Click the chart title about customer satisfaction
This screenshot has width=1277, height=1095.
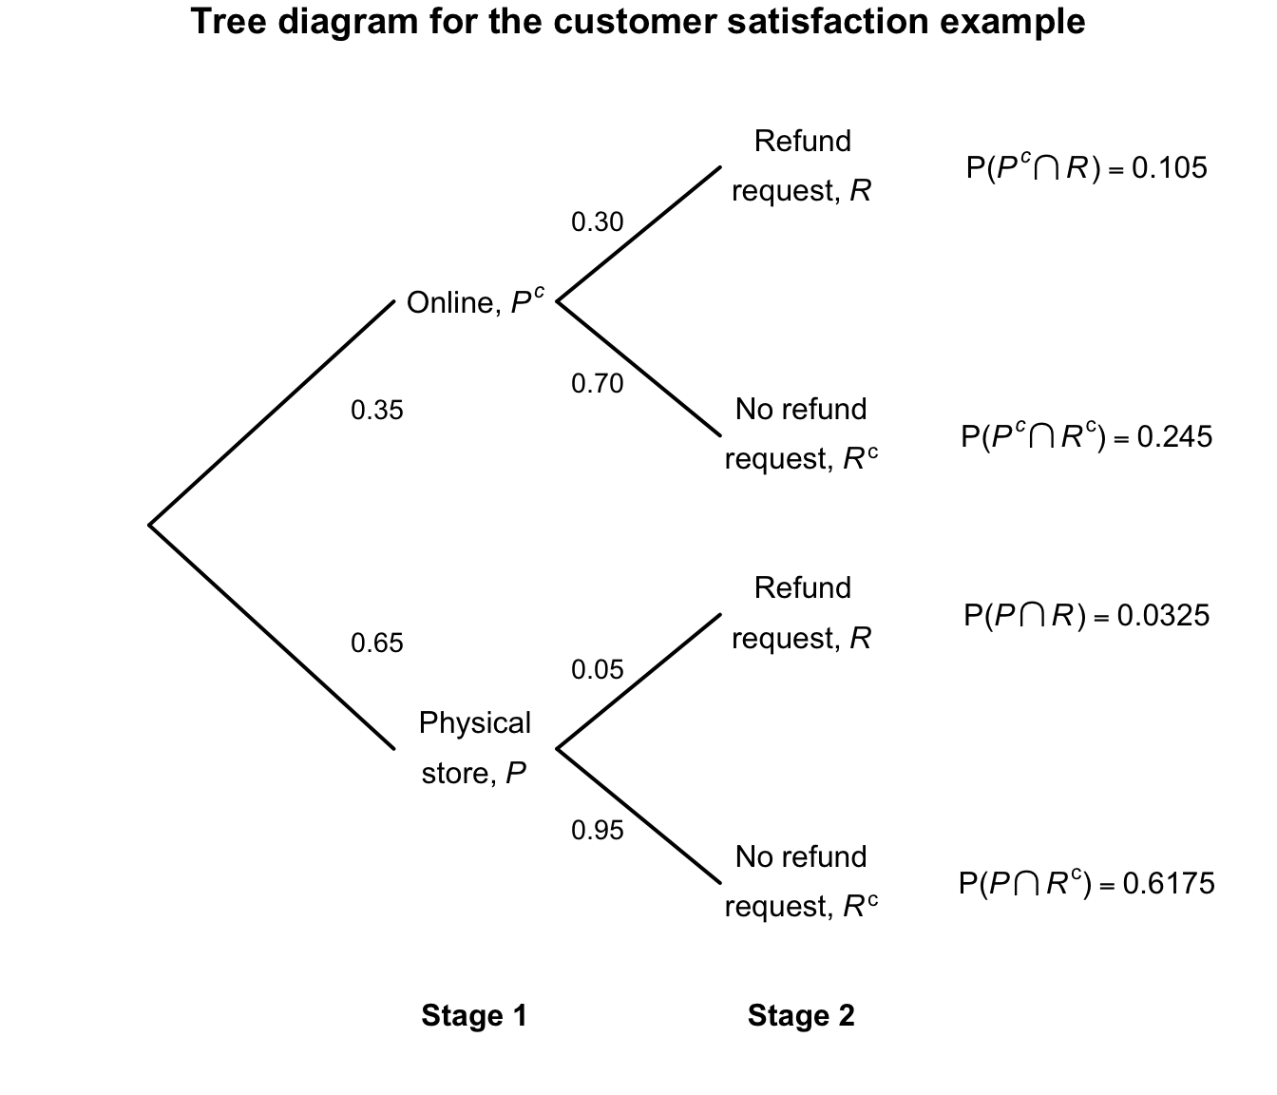pyautogui.click(x=638, y=22)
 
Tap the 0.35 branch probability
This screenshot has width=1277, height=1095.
pyautogui.click(x=377, y=411)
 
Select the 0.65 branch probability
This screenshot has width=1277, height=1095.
pyautogui.click(x=377, y=644)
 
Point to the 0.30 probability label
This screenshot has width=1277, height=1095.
pyautogui.click(x=597, y=222)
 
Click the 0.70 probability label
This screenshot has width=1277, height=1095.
pyautogui.click(x=597, y=384)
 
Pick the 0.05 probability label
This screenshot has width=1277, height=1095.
pyautogui.click(x=597, y=670)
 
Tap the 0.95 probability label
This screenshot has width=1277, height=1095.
pyautogui.click(x=597, y=831)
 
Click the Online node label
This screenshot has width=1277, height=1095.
pyautogui.click(x=475, y=302)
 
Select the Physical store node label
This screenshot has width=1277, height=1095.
pyautogui.click(x=474, y=748)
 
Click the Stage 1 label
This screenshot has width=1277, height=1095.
pyautogui.click(x=474, y=1016)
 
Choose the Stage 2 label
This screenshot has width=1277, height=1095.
pyautogui.click(x=801, y=1016)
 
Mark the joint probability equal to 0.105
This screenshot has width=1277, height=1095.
pyautogui.click(x=1086, y=168)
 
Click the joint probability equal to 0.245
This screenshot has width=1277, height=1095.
pyautogui.click(x=1086, y=436)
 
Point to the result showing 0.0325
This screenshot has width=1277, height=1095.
pyautogui.click(x=1086, y=616)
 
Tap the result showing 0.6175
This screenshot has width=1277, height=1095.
pyautogui.click(x=1086, y=884)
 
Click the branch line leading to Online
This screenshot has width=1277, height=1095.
pyautogui.click(x=272, y=413)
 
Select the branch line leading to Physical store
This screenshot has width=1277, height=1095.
pyautogui.click(x=272, y=637)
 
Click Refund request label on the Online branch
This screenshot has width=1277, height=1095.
pyautogui.click(x=801, y=166)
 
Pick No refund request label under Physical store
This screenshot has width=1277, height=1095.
pyautogui.click(x=801, y=882)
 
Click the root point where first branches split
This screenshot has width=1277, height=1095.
pyautogui.click(x=150, y=524)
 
